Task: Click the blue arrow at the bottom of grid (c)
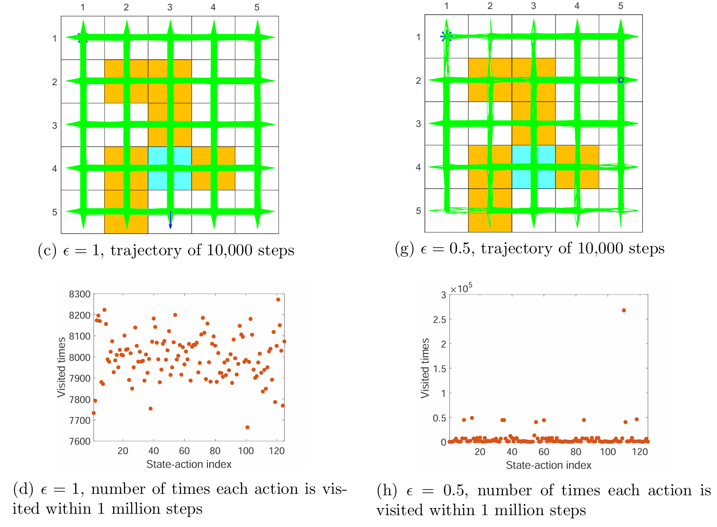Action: click(x=170, y=220)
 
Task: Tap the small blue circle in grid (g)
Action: click(x=621, y=80)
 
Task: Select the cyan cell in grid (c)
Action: click(x=170, y=168)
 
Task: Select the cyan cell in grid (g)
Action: click(x=534, y=167)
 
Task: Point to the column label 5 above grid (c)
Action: click(x=257, y=8)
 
